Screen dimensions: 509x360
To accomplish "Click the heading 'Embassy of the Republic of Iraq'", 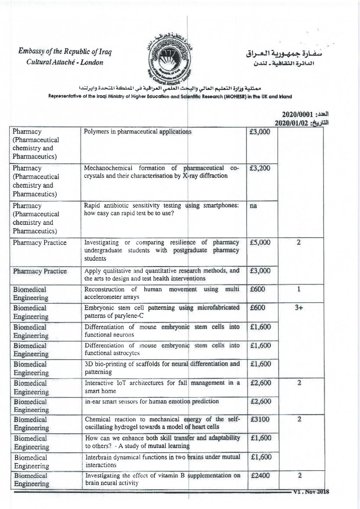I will [65, 52].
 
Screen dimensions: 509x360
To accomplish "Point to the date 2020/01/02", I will [291, 123].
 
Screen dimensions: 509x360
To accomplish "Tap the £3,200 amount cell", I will [260, 168].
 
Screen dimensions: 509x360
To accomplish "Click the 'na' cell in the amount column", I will [253, 206].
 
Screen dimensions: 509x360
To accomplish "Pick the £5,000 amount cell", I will [260, 243].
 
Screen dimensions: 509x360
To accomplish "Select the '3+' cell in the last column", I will [299, 308].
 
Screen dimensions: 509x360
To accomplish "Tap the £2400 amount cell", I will [260, 476].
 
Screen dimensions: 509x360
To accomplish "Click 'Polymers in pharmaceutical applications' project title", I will [137, 132].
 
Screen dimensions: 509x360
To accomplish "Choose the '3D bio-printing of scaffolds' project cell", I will [162, 368].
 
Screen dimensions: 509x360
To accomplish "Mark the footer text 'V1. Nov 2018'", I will [311, 492].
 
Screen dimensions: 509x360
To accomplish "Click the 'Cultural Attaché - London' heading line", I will [65, 63].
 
